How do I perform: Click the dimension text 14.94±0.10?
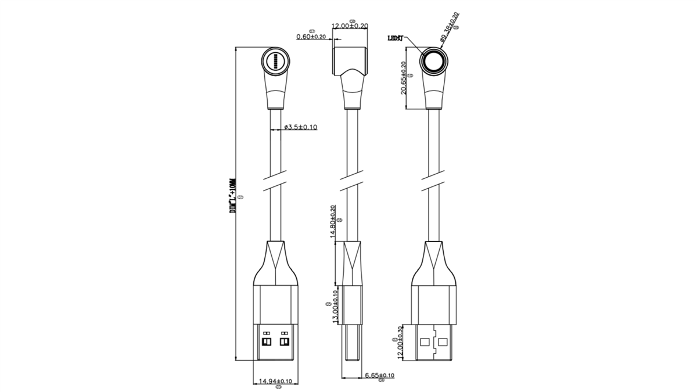tap(275, 381)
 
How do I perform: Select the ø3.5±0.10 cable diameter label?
tap(301, 127)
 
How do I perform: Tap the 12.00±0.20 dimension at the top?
tap(351, 26)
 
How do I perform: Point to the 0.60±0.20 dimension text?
tap(311, 37)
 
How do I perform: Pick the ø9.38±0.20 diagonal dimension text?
tap(449, 26)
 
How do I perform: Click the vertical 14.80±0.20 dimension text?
tap(333, 221)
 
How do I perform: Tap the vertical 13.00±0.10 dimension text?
tap(335, 307)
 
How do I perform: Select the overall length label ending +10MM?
tap(233, 196)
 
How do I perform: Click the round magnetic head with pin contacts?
tap(275, 60)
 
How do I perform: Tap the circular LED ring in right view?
tap(434, 62)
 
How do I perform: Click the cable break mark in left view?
tap(276, 179)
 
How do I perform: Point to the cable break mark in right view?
tap(434, 179)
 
